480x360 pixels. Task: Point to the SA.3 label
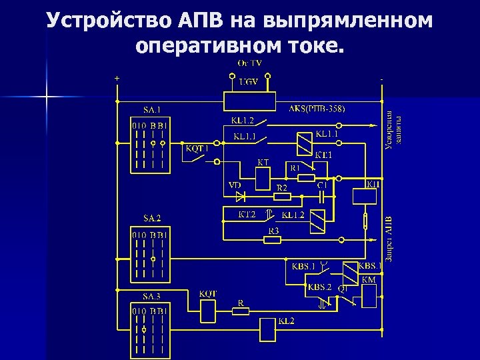click(151, 296)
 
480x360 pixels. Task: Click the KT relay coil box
click(263, 178)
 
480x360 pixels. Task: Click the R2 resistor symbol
click(282, 196)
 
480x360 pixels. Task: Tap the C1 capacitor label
click(322, 185)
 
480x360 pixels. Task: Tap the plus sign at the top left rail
click(117, 78)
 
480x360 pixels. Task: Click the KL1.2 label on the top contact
click(243, 121)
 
